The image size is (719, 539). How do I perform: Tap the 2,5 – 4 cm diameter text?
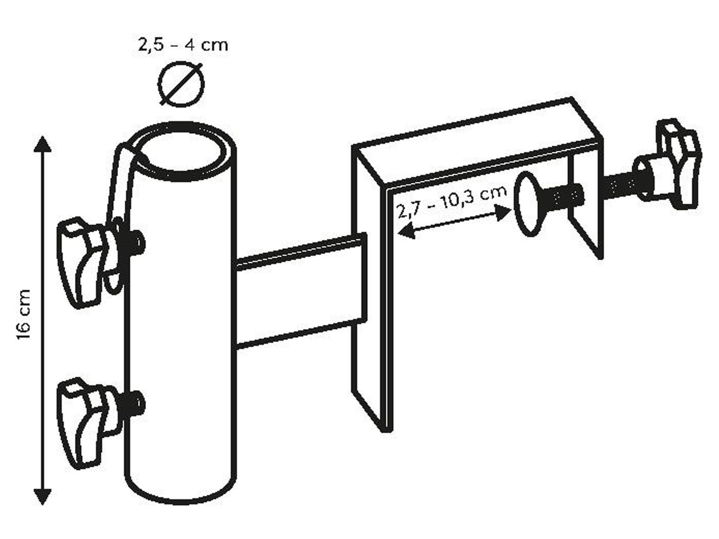pos(183,45)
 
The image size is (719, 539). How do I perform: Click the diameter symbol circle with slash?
pos(181,84)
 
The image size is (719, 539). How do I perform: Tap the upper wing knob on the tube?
pos(88,261)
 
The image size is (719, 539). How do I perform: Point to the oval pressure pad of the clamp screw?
pos(528,204)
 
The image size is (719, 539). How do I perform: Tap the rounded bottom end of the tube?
pos(181,492)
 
